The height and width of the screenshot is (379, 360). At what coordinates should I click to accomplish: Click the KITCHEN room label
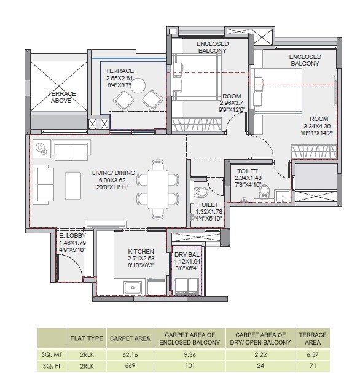[141, 252]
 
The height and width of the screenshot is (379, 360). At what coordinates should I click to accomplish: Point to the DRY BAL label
[186, 254]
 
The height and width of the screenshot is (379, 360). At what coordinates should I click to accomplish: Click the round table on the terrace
[139, 85]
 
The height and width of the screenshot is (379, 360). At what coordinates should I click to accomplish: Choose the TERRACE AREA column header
[312, 337]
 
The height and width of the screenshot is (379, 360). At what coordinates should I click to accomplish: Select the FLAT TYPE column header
[86, 338]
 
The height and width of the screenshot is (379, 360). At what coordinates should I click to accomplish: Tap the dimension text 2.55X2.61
[119, 79]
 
